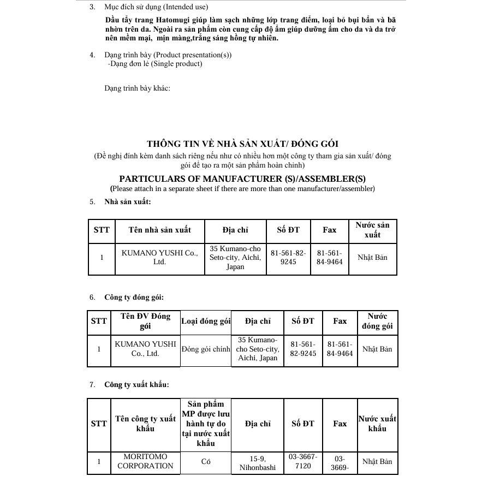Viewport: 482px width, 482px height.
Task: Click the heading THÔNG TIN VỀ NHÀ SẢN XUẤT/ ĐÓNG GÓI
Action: [x=242, y=144]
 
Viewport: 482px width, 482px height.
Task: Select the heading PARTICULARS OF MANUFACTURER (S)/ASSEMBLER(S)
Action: [x=242, y=178]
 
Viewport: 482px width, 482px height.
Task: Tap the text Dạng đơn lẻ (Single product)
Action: [x=155, y=64]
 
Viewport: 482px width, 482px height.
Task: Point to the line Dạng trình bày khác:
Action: [x=138, y=88]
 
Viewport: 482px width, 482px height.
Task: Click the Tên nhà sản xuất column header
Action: [x=159, y=230]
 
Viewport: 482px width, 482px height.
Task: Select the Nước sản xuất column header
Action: [x=372, y=230]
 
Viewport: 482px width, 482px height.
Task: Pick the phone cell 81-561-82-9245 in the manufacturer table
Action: [x=288, y=258]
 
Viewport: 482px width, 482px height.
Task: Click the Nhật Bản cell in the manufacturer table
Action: [x=372, y=258]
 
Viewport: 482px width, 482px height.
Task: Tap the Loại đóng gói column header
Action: [x=206, y=322]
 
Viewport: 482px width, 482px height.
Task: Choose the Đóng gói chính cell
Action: [x=206, y=349]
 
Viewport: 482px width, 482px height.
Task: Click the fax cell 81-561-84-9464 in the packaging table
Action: [x=340, y=349]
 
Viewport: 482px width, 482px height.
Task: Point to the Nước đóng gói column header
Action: [x=377, y=322]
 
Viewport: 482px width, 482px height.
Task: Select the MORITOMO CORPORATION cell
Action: [x=145, y=461]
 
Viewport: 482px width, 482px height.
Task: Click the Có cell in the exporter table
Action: [x=206, y=462]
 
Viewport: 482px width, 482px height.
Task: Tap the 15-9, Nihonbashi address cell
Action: [x=258, y=463]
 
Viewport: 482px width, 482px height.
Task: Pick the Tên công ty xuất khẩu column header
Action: [x=145, y=424]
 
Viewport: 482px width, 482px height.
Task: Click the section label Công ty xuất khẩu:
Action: [x=136, y=384]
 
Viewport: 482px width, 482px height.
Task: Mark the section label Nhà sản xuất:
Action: [x=128, y=201]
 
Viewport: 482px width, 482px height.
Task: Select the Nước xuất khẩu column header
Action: [x=377, y=424]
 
